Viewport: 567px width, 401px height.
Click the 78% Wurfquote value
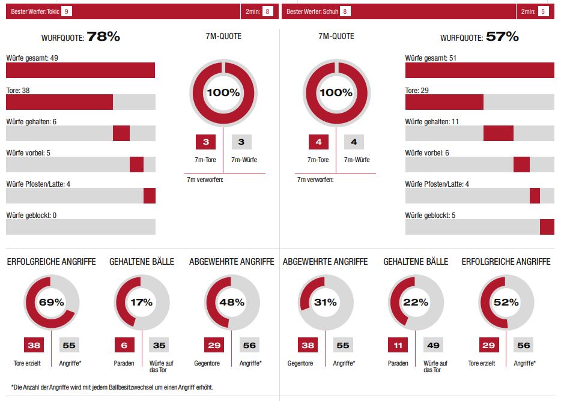103,37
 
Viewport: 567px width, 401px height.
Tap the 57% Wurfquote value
502,37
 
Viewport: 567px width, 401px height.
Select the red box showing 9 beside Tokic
66,11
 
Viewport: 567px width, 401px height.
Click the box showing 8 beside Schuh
345,11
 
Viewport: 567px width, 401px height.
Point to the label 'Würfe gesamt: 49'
31,58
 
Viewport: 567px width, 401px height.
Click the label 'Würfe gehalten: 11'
432,121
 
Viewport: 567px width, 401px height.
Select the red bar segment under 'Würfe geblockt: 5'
547,227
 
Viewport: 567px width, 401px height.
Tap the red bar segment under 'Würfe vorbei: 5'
136,164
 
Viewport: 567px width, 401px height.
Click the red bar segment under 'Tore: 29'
444,102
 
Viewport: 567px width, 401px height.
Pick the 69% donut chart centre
52,303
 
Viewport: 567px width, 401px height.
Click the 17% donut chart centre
142,303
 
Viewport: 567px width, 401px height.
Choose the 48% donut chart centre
232,303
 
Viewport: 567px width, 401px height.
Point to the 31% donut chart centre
326,303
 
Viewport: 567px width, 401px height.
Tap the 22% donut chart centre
416,303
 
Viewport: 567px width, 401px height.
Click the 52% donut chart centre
506,303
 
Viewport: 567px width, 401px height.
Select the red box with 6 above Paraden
124,345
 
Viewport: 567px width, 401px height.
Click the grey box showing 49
433,345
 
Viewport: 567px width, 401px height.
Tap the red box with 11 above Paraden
398,345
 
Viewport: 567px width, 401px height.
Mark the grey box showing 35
159,345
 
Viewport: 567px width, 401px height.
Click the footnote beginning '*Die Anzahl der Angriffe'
112,387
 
